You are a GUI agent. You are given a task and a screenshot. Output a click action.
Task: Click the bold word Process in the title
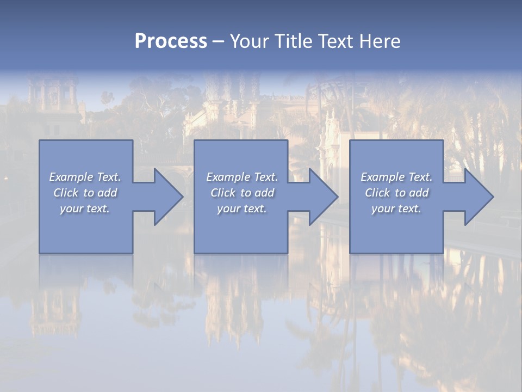pyautogui.click(x=171, y=41)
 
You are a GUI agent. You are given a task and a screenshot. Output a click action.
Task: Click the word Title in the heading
pyautogui.click(x=292, y=41)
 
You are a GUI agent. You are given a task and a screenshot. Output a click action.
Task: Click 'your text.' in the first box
pyautogui.click(x=85, y=209)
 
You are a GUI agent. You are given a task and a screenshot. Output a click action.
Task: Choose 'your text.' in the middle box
pyautogui.click(x=242, y=209)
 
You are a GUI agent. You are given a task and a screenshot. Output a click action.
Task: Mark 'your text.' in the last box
pyautogui.click(x=396, y=209)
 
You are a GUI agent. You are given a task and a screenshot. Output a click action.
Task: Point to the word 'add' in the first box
pyautogui.click(x=107, y=193)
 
